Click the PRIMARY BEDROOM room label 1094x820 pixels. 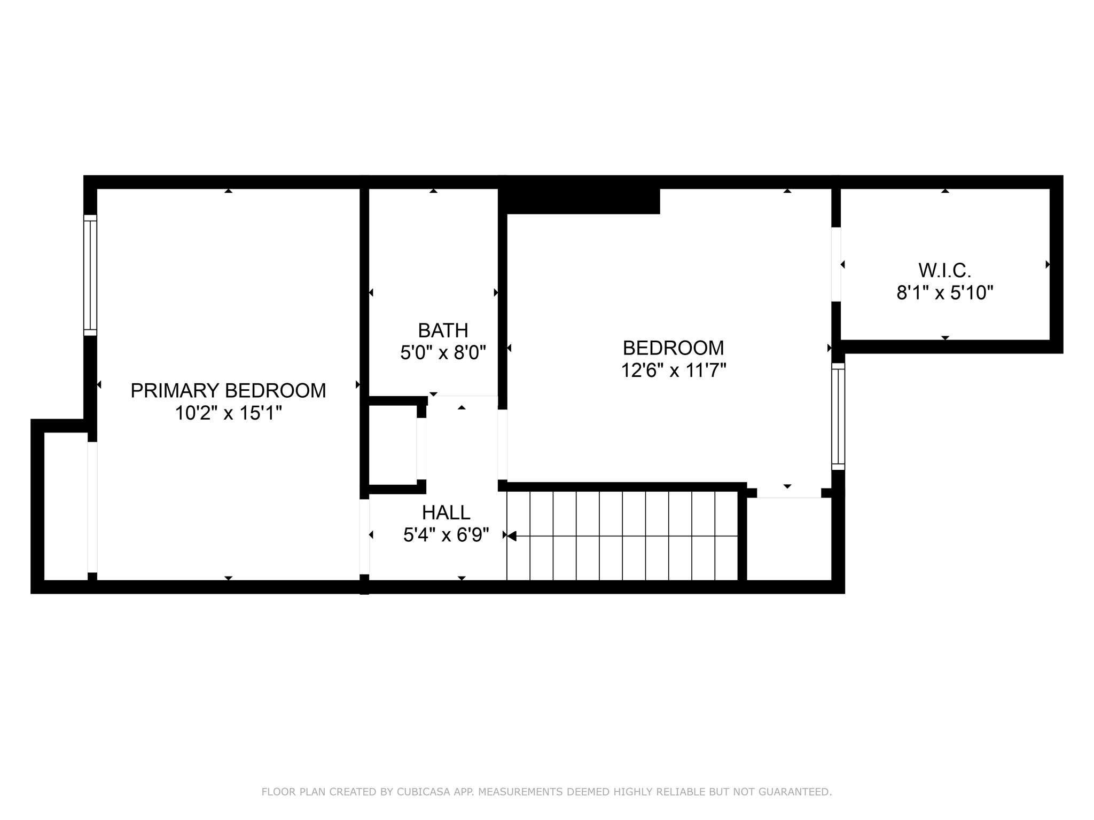[x=228, y=391]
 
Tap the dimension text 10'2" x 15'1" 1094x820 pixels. [x=228, y=413]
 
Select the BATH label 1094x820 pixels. [x=443, y=330]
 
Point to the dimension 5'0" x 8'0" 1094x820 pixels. [x=443, y=353]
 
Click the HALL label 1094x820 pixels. [x=446, y=512]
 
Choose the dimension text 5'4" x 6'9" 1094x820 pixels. [x=446, y=535]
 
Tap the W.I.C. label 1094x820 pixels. [x=944, y=271]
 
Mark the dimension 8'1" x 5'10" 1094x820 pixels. [x=944, y=293]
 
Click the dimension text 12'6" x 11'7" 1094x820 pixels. [x=673, y=370]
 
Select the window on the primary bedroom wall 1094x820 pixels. [x=90, y=275]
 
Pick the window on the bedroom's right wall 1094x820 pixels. [x=838, y=416]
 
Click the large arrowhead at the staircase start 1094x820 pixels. [x=512, y=536]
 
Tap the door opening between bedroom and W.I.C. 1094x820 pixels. [x=836, y=264]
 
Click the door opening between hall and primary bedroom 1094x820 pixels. [x=364, y=536]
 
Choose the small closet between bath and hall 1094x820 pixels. [x=393, y=445]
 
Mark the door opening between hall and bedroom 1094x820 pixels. [x=502, y=444]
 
